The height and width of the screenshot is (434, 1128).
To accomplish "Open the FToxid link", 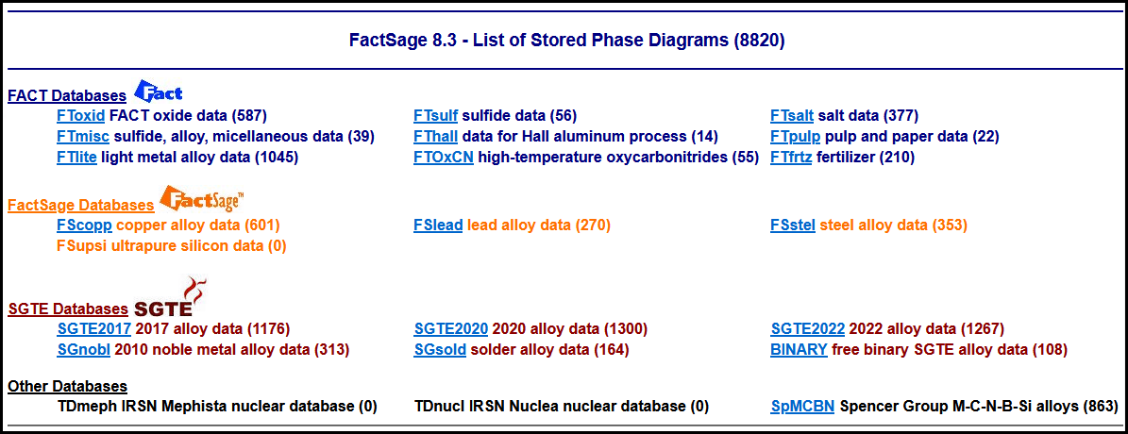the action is [x=80, y=116].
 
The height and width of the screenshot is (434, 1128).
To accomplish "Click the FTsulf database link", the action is [x=435, y=116].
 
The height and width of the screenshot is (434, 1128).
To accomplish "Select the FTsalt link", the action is [x=792, y=116].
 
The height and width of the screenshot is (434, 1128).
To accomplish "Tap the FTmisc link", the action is [x=83, y=137].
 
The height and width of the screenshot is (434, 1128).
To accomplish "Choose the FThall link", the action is [x=435, y=137].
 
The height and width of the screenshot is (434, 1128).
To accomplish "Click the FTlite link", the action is [x=77, y=158].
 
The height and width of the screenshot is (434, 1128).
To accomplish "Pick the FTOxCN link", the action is [x=443, y=158].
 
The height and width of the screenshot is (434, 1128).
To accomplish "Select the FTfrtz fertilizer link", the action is [x=791, y=158].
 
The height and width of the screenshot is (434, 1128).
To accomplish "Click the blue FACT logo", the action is [x=159, y=92].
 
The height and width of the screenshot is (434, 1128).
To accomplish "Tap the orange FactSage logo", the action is [x=202, y=200].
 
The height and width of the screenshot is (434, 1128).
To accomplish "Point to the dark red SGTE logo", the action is [x=164, y=298].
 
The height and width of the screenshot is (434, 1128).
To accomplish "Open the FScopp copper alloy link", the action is [x=84, y=225].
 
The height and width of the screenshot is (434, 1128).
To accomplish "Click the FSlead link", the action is [x=438, y=225].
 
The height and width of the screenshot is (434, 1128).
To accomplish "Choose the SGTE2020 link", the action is [x=451, y=330].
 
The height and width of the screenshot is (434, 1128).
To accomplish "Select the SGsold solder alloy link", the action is [x=440, y=351].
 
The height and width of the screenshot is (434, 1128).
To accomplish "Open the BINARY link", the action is [x=800, y=351].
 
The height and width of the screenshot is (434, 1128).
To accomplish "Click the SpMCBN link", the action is [x=802, y=407].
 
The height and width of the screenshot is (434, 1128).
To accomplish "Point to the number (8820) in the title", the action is [x=759, y=41].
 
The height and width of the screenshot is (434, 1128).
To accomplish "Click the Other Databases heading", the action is [x=68, y=387].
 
